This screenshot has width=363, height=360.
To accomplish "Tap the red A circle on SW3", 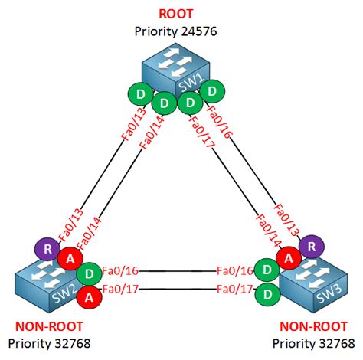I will (288, 258).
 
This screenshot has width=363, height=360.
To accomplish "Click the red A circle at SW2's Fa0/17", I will (89, 295).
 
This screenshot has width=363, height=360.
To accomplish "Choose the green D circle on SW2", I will (89, 272).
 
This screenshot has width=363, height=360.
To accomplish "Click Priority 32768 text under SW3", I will (314, 341).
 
